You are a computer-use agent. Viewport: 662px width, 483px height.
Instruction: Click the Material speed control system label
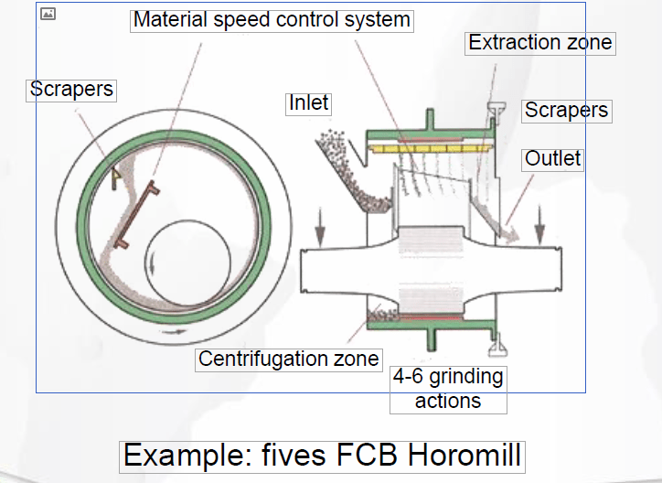[272, 20]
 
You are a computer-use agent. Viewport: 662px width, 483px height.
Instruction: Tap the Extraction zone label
[539, 42]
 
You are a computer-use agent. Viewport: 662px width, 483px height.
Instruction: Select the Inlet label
[308, 102]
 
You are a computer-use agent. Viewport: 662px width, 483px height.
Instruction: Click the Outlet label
[552, 158]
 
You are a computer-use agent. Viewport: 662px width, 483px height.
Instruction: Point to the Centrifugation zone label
[288, 359]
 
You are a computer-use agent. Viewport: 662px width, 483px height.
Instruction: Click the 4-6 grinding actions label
[447, 389]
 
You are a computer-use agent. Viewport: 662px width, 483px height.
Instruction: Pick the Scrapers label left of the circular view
[71, 89]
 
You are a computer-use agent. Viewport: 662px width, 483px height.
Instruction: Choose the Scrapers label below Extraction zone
[566, 111]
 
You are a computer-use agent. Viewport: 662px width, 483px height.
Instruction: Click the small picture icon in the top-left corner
[49, 14]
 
